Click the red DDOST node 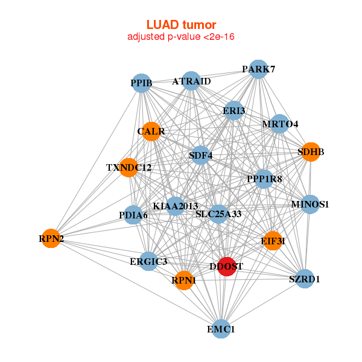(226, 267)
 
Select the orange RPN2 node (52, 239)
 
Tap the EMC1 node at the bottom (221, 329)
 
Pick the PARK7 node (258, 69)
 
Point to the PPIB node (142, 82)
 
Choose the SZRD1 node (305, 279)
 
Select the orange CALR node (151, 131)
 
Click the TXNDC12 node (129, 167)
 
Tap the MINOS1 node (310, 204)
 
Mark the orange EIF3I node (273, 241)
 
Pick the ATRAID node (191, 81)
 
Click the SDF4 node (200, 156)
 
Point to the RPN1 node (184, 280)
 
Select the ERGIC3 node (148, 261)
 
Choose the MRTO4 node (279, 124)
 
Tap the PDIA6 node (134, 215)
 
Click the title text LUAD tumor (181, 25)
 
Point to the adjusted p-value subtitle (181, 37)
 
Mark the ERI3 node (233, 111)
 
